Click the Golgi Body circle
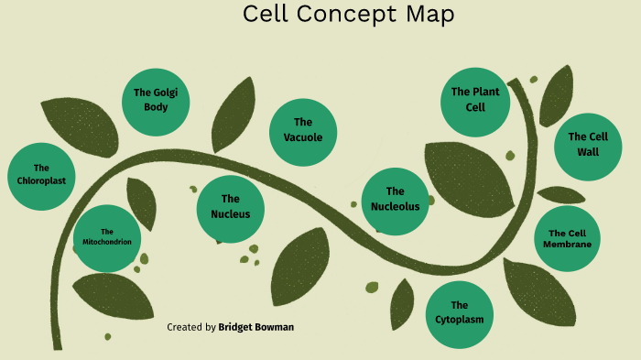pos(156,100)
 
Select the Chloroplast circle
pos(41,174)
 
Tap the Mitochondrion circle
pos(107,237)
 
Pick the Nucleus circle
pos(231,207)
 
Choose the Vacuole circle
pos(303,130)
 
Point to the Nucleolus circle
pos(395,199)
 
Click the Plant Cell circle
pos(474,99)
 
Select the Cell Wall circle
pos(588,144)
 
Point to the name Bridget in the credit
pos(237,327)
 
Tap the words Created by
pos(191,327)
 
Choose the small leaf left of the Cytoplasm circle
pos(402,302)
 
